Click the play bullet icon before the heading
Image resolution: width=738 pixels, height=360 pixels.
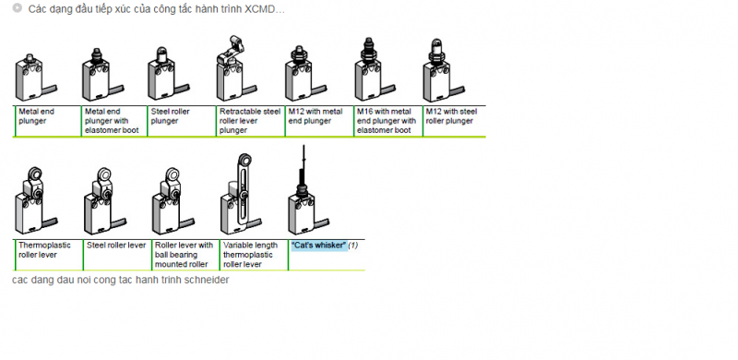coord(18,8)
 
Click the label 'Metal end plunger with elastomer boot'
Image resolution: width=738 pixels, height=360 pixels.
coord(112,121)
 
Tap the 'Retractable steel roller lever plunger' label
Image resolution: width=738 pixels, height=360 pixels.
coord(250,121)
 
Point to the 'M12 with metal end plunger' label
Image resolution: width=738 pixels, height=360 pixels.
coord(315,116)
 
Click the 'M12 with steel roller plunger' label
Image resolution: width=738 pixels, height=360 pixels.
coord(451,116)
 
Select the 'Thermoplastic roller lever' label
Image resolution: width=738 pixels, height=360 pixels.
coord(44,250)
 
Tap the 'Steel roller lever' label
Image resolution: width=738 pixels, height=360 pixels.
coord(116,245)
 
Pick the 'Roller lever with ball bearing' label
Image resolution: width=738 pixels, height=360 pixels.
coord(184,255)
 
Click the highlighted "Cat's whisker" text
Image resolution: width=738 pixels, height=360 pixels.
coord(318,245)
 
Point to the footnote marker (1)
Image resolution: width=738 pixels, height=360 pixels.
coord(353,245)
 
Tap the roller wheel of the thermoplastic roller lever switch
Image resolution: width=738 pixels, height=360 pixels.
coord(35,173)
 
